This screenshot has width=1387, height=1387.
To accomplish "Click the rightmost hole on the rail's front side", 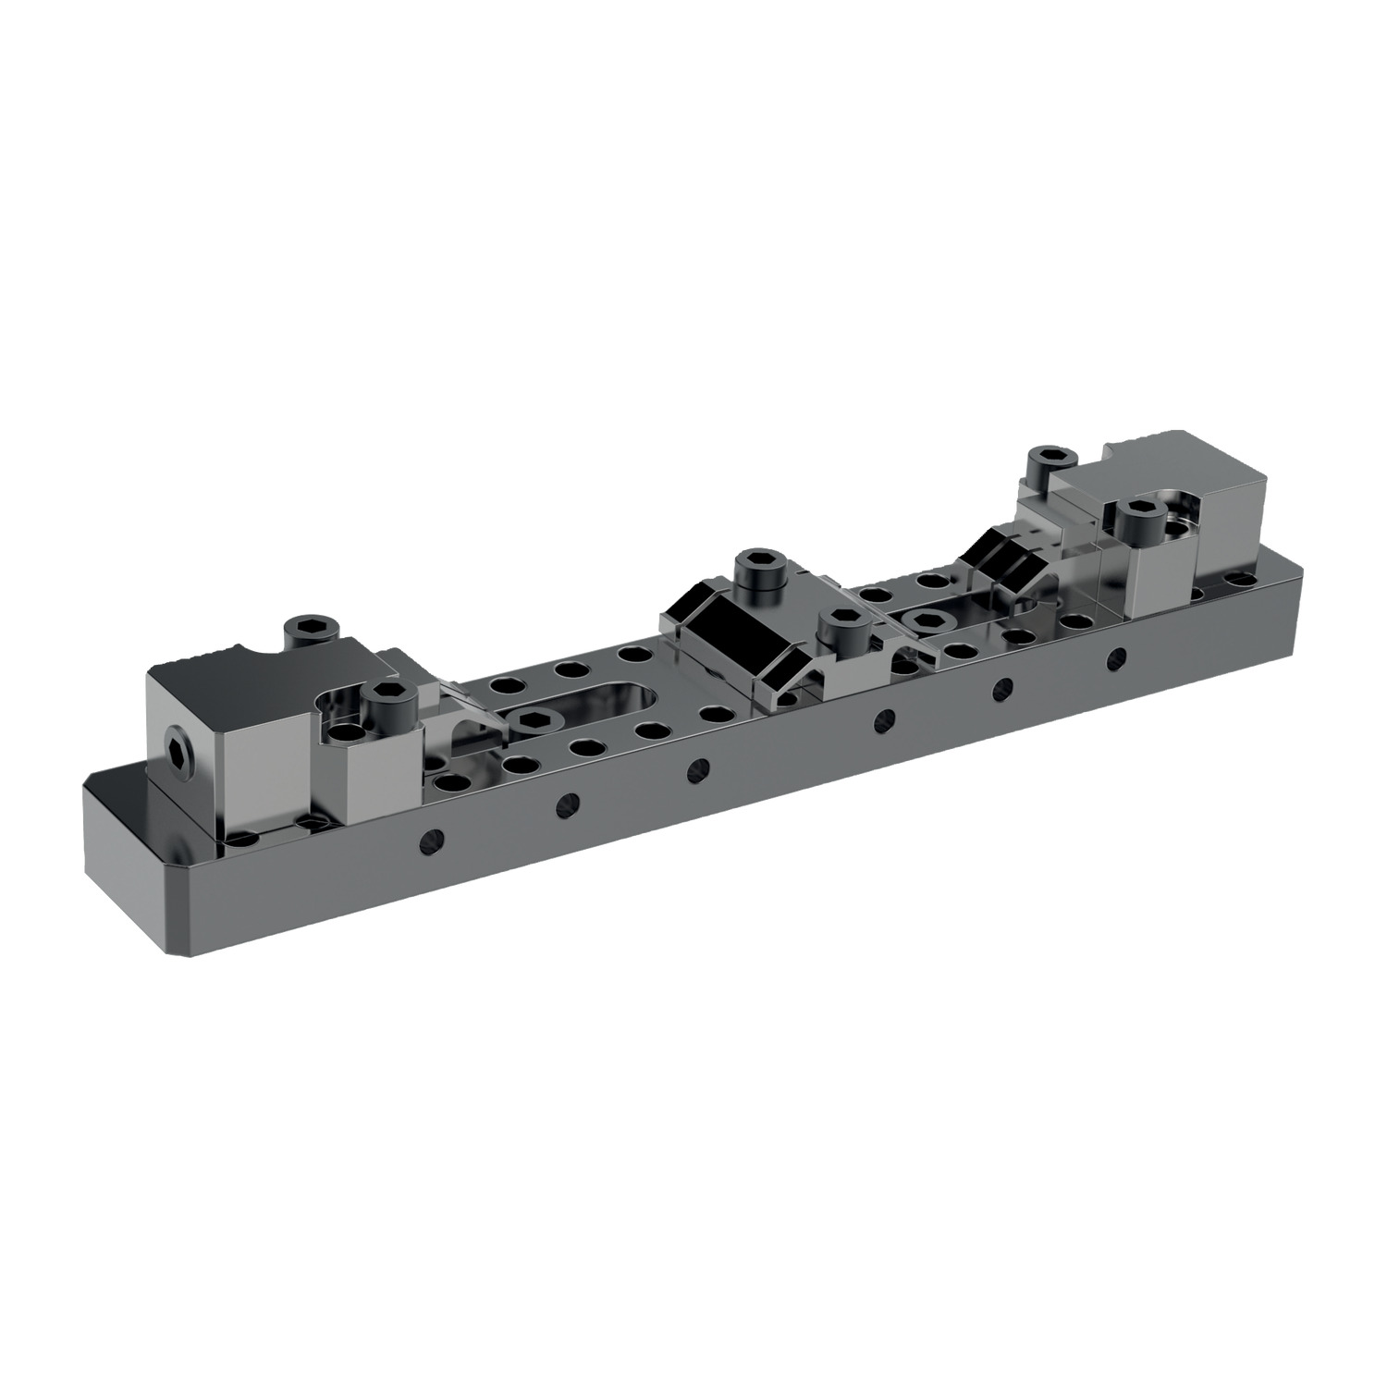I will tap(1117, 657).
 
